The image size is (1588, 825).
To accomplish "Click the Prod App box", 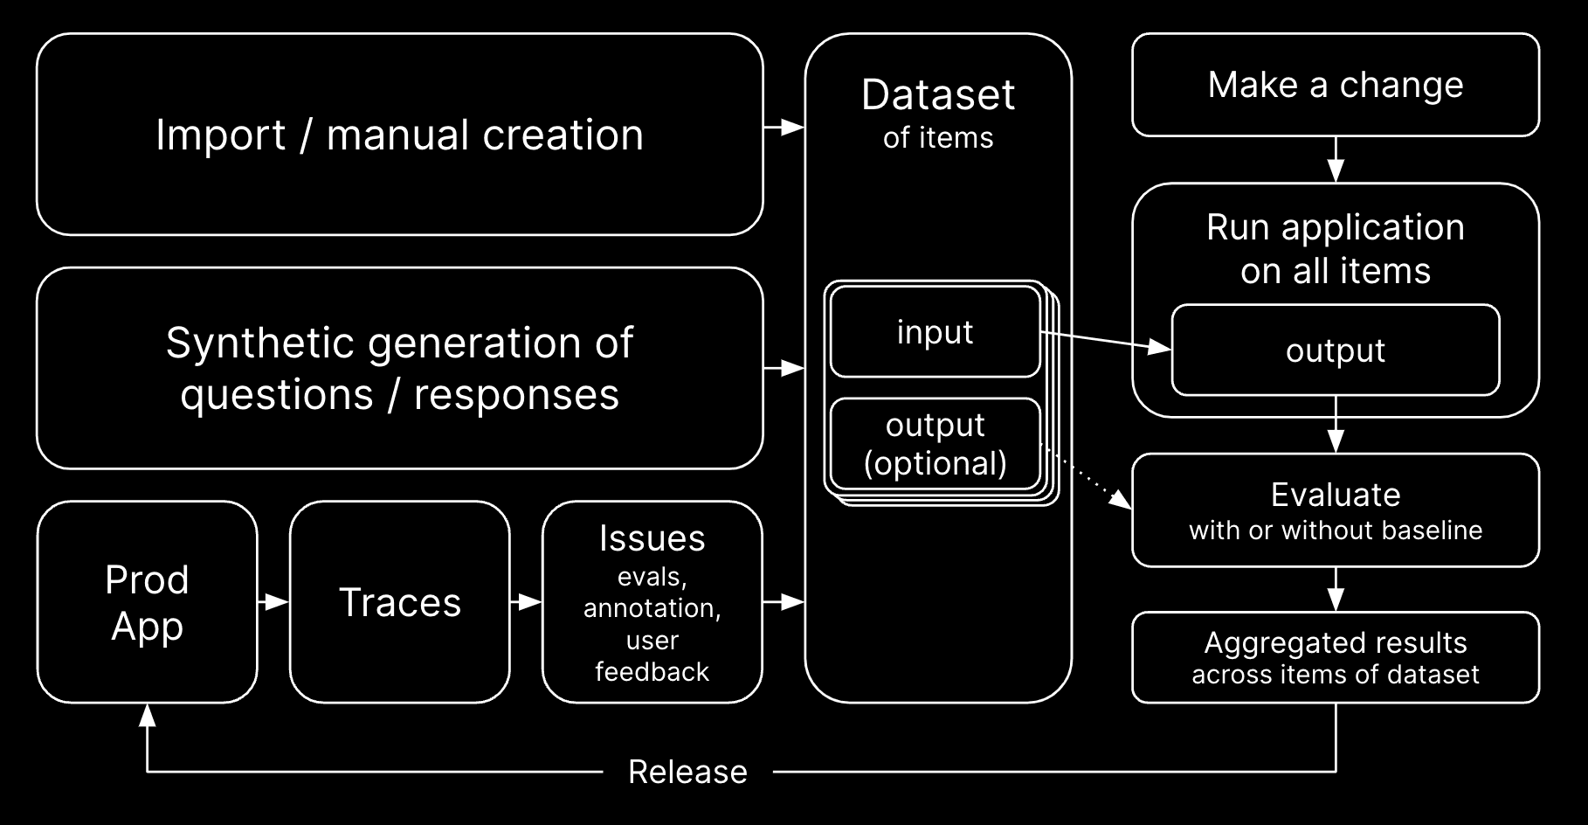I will coord(147,602).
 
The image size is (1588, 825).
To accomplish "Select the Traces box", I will coord(399,602).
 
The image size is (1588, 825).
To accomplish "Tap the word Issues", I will coord(652,538).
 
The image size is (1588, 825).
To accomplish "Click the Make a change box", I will coord(1335,85).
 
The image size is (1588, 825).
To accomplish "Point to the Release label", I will coord(687,772).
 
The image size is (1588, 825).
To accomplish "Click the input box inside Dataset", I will coord(935,332).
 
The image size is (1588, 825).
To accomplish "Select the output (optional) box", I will coord(935,444).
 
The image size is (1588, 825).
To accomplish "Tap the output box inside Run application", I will coord(1335,350).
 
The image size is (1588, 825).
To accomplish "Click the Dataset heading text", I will coord(938,94).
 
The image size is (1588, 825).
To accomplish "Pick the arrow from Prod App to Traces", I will coord(273,602).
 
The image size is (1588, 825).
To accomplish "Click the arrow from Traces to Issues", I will coord(526,602).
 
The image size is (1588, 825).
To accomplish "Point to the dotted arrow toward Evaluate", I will coord(1092,481).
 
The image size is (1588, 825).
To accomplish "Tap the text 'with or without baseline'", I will coord(1335,530).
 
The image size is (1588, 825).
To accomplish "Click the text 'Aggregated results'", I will coord(1335,642).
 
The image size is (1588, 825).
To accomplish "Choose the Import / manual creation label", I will coord(399,135).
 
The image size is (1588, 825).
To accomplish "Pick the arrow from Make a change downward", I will coord(1335,159).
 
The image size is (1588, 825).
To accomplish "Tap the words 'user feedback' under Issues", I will coord(652,655).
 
